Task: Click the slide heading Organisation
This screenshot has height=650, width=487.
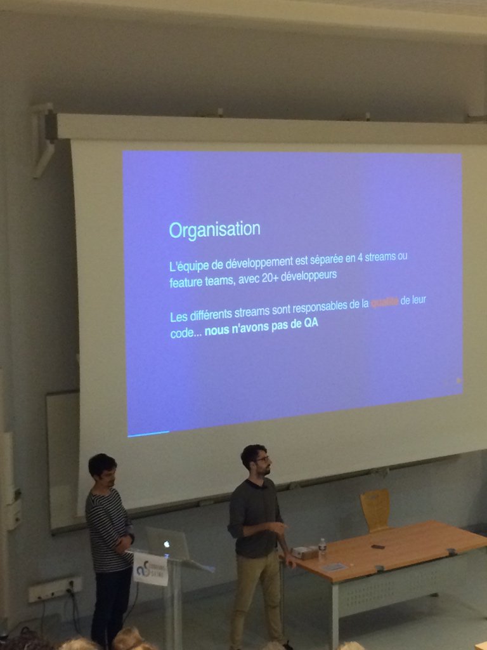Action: point(214,229)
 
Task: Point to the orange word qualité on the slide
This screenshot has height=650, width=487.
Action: point(385,303)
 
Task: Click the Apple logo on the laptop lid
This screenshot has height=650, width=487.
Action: point(167,544)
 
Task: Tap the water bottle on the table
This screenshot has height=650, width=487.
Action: point(322,548)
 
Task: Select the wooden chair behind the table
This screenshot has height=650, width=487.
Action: point(375,510)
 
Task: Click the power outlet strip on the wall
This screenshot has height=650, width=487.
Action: point(55,589)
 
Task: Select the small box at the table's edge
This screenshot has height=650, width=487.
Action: point(304,553)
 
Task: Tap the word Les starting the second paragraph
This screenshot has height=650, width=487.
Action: point(178,317)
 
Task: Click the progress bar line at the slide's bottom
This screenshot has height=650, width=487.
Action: point(148,434)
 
